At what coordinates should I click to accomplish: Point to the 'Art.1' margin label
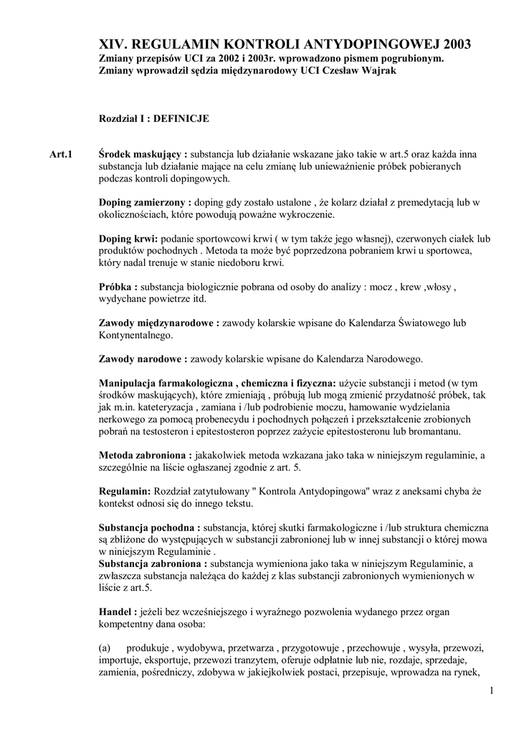(61, 154)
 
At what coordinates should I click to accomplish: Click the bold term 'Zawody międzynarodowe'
(156, 323)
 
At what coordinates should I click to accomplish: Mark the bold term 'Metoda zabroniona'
(143, 455)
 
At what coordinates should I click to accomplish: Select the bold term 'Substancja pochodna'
(147, 528)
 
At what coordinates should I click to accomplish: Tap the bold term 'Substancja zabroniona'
(152, 564)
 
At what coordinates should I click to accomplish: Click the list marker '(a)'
(105, 648)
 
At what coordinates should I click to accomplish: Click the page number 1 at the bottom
(492, 690)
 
